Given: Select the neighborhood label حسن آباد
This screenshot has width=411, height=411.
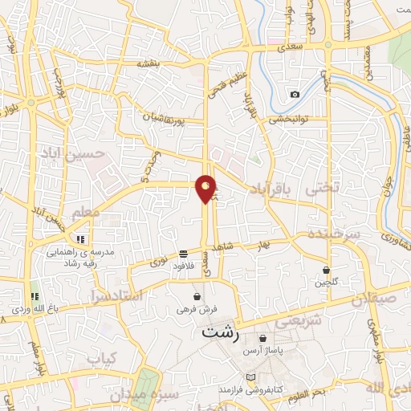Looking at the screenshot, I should (x=106, y=153).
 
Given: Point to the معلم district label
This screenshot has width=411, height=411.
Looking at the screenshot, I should (x=86, y=212).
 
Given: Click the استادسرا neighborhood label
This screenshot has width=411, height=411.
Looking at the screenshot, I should (x=119, y=295).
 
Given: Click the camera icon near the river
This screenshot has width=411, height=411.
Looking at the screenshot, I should (x=295, y=95).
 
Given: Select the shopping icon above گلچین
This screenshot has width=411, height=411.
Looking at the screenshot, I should (x=327, y=270).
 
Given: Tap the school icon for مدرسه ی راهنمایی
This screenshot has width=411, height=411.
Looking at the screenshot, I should (x=80, y=238).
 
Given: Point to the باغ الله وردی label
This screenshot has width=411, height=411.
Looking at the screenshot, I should (x=32, y=305).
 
